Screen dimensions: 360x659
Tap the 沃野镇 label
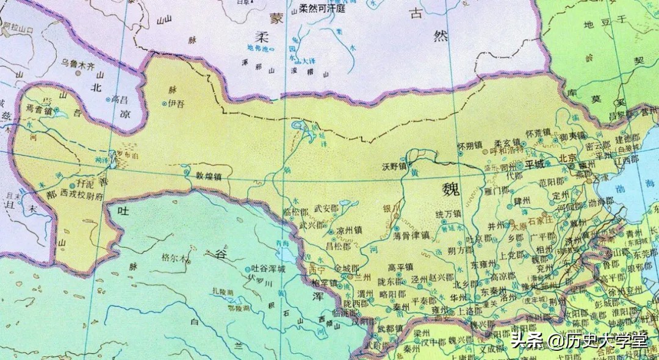[394, 165]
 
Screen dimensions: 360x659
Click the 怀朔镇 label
[469, 146]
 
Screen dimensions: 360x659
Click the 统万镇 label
[448, 214]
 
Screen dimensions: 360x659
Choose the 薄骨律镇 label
[412, 234]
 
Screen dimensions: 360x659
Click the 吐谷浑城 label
[268, 269]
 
